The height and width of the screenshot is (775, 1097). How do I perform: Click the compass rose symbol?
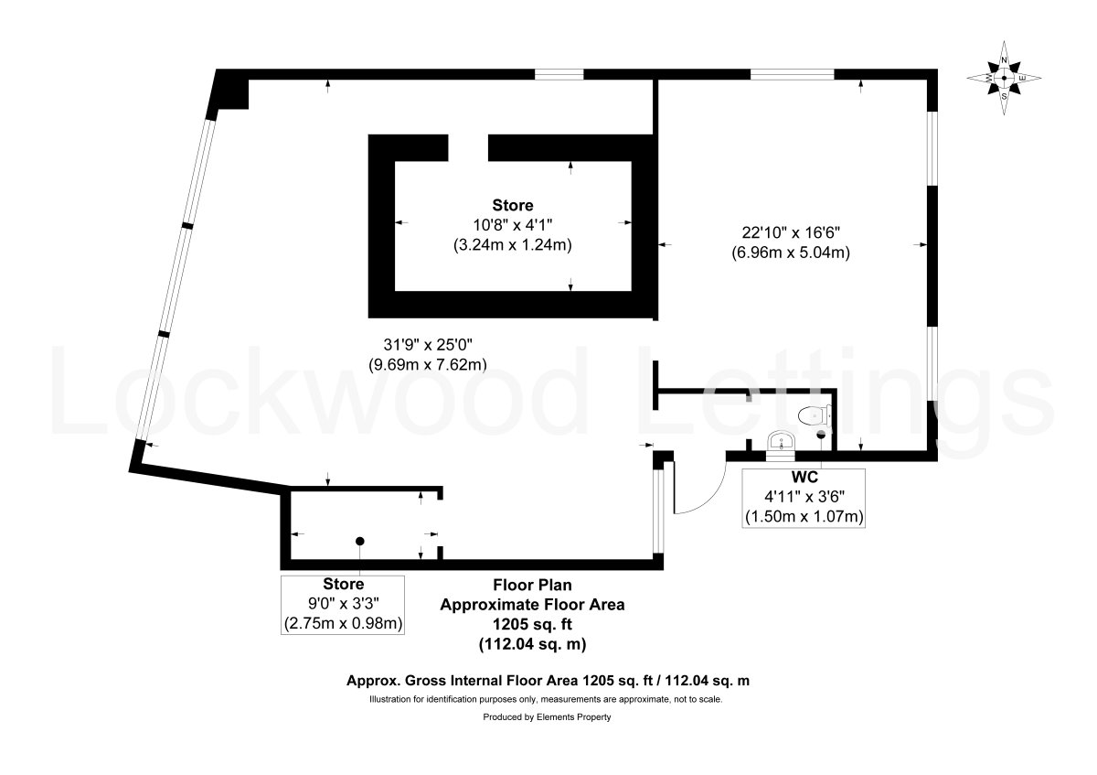coord(1004,78)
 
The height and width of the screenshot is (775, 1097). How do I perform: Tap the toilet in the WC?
coord(815,416)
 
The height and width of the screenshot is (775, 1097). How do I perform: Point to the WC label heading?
coord(804,477)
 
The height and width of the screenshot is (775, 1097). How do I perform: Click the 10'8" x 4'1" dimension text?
coord(512,225)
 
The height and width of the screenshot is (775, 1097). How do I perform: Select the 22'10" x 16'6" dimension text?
coord(791,231)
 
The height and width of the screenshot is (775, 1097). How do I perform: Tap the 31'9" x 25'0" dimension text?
coord(428,345)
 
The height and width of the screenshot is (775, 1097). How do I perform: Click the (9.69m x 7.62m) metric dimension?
coord(428,365)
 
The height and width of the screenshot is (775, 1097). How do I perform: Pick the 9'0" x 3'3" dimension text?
coord(344,603)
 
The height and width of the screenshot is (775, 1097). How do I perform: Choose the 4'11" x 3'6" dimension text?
coord(804,497)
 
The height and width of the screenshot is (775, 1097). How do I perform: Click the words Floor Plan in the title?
coord(532,585)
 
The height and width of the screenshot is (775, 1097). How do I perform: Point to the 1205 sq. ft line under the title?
coord(532,624)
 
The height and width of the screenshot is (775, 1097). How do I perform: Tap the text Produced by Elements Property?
coord(547,717)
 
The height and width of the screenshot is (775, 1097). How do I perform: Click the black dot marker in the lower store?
coord(360,541)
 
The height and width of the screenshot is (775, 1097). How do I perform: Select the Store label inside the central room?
coord(512,205)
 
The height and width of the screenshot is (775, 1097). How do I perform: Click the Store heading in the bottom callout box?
coord(344,584)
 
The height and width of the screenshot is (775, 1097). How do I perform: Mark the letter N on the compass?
coord(1004,60)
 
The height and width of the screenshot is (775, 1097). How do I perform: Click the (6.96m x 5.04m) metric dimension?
coord(791,253)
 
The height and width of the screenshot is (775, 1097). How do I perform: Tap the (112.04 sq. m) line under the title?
coord(532,643)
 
